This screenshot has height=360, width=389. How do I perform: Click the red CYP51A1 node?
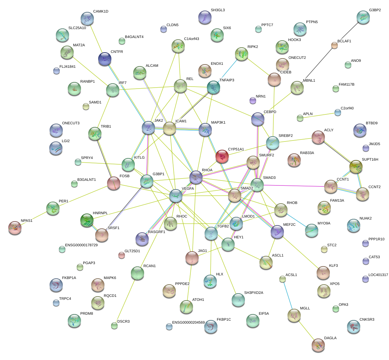point(222,156)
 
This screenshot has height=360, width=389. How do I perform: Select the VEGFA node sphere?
point(176,196)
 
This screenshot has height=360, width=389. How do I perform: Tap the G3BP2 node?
point(363,17)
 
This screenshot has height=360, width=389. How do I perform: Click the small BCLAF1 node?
point(334,46)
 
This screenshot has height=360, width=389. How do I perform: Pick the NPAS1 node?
point(15,227)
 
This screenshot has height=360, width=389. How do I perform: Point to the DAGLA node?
point(318,345)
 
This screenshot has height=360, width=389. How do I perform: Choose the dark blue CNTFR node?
point(105,59)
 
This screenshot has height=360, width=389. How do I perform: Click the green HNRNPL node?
point(87,220)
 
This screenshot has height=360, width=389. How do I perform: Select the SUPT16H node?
point(356,167)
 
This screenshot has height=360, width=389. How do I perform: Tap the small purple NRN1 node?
point(253,100)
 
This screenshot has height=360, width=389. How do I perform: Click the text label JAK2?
point(159,120)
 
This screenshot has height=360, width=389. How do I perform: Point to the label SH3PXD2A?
point(253,293)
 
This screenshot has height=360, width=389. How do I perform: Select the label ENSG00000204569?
point(188,322)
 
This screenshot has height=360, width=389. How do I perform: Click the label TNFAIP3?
point(227,80)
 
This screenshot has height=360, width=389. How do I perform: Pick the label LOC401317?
point(378,275)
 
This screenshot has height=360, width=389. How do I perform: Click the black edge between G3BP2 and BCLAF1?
point(349,31)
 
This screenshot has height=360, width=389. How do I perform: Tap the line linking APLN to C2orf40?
point(319,115)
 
